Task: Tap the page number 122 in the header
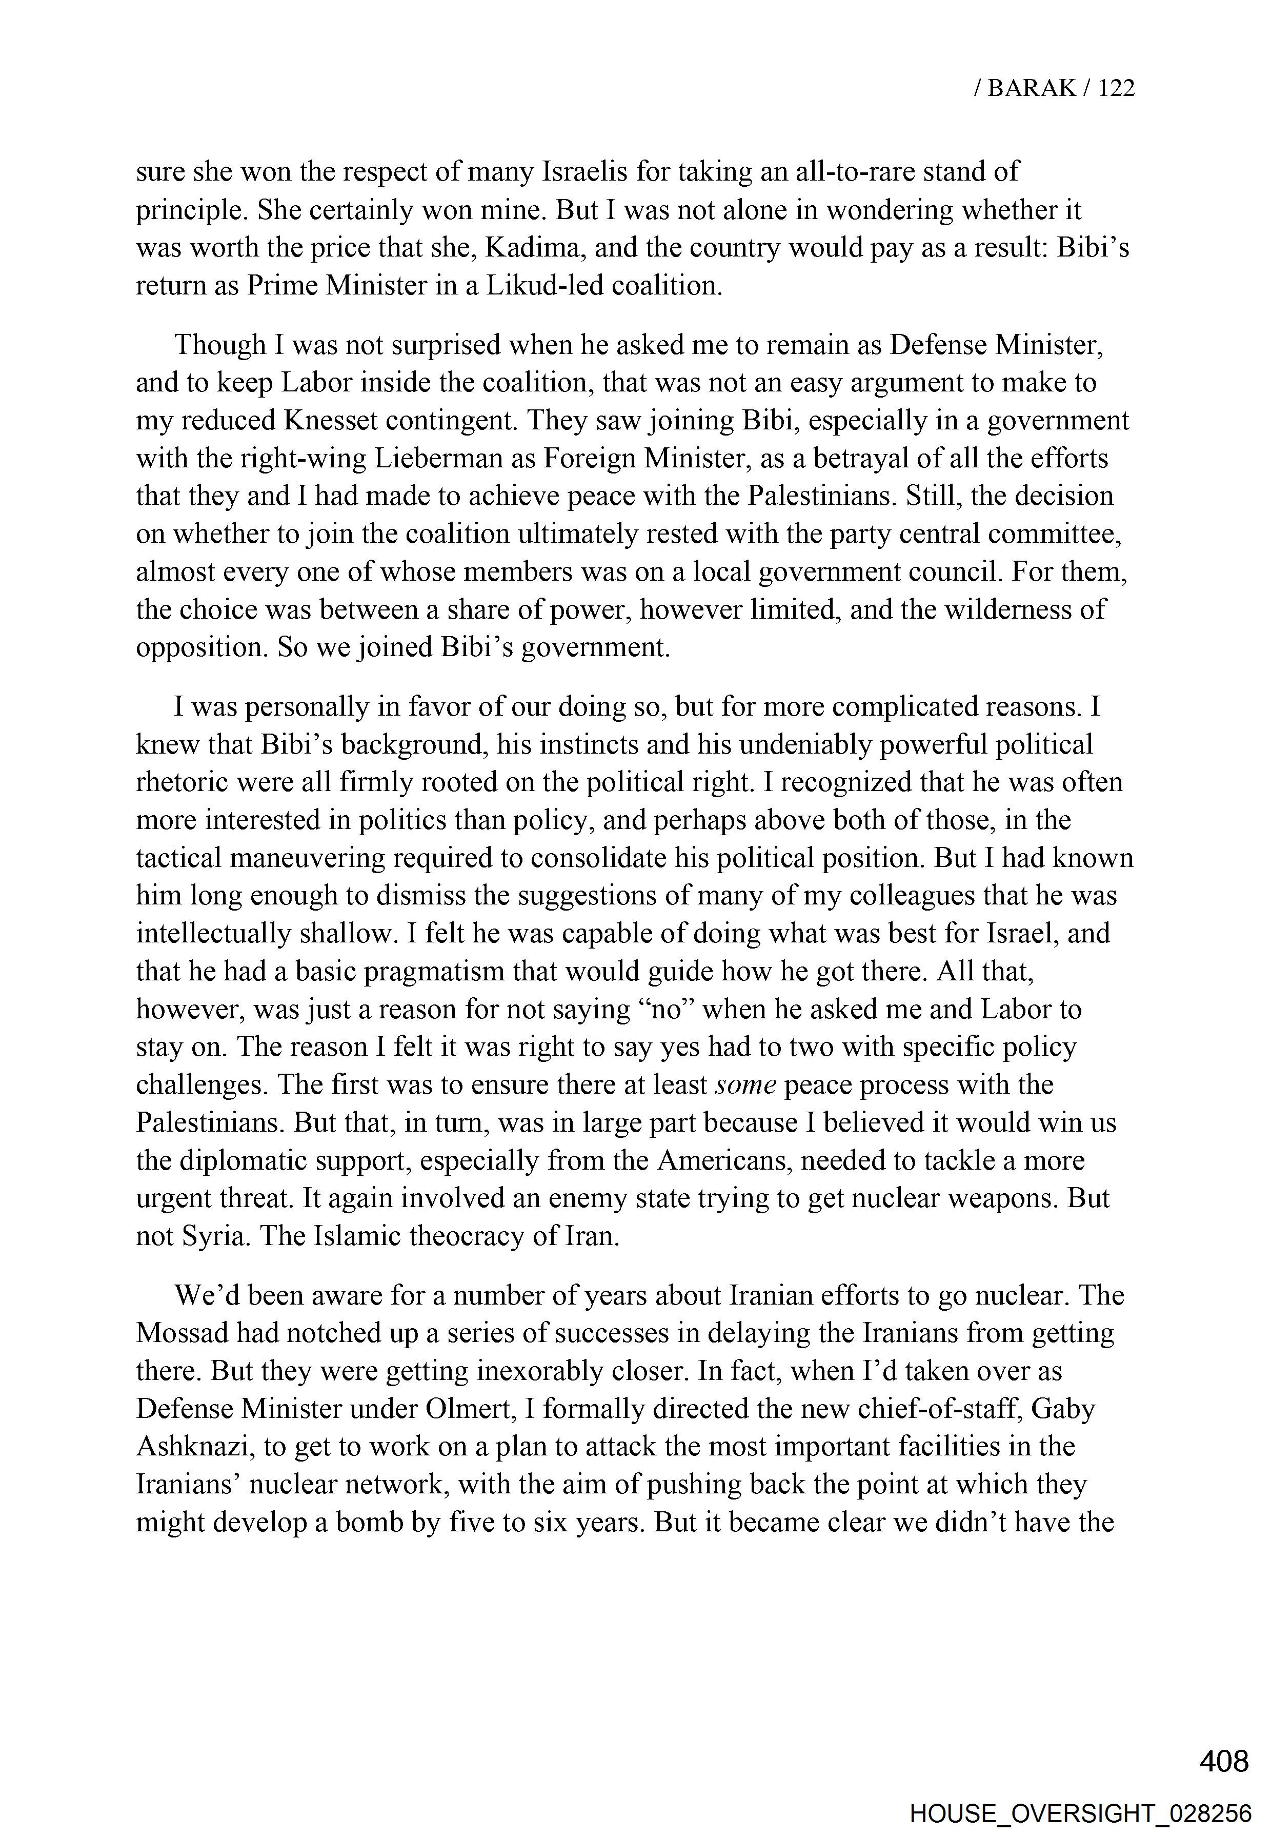[x=1116, y=88]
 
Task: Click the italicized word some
[x=746, y=1084]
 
